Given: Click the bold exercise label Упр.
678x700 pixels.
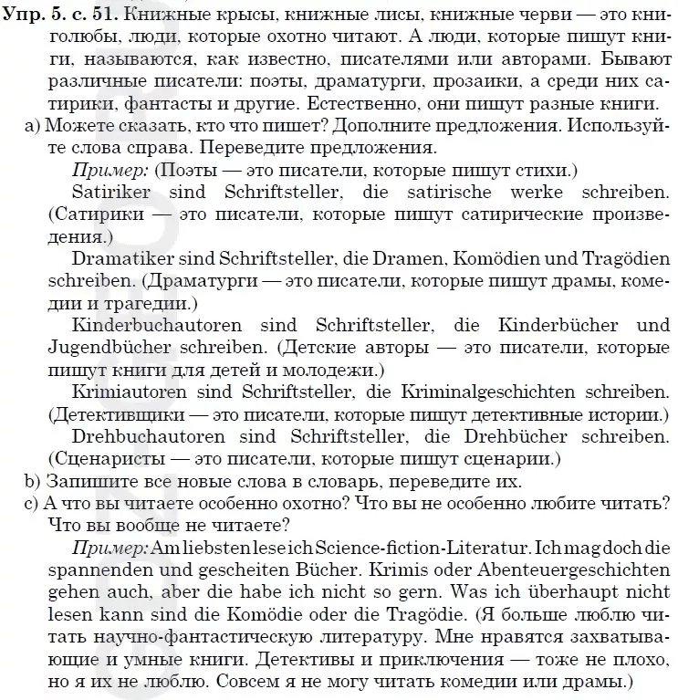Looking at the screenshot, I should click(x=21, y=15).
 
